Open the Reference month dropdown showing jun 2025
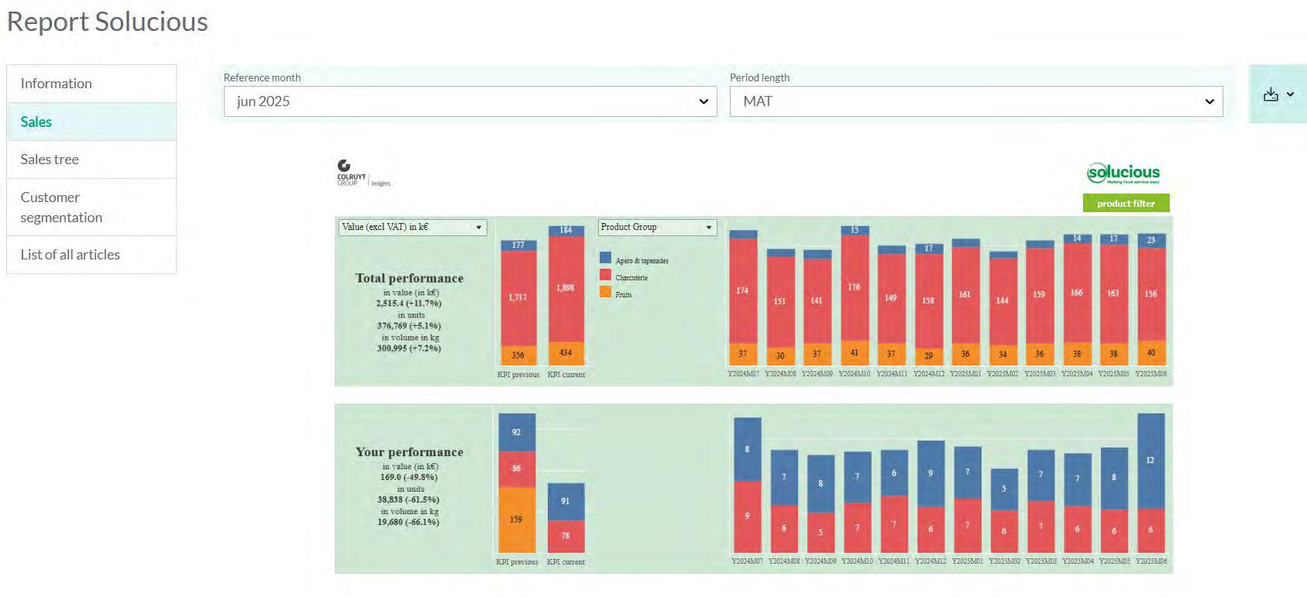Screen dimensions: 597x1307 [x=469, y=101]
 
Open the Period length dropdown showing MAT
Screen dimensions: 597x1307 [x=975, y=101]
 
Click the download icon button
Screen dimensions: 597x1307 [x=1278, y=94]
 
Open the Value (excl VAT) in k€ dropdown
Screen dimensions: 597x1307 [x=412, y=227]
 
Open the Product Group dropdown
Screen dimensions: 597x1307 [x=657, y=227]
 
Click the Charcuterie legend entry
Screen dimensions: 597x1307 [x=631, y=277]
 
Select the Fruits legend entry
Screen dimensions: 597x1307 [x=623, y=294]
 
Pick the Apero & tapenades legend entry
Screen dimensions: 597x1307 [x=641, y=260]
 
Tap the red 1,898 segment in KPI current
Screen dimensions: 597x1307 [x=566, y=288]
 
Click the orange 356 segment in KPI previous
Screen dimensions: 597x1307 [x=518, y=355]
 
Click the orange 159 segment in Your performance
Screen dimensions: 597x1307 [x=516, y=519]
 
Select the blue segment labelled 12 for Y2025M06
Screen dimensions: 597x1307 [x=1151, y=460]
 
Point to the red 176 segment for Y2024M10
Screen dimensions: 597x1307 [x=854, y=287]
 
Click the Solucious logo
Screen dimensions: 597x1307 [x=1123, y=173]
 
